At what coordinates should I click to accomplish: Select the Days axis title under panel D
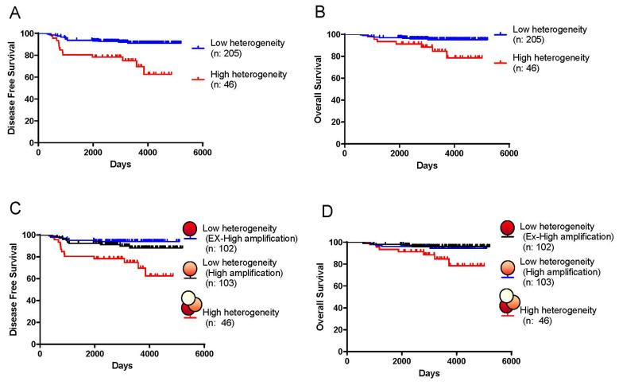428,373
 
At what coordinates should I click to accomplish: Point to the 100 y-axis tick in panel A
28,33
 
